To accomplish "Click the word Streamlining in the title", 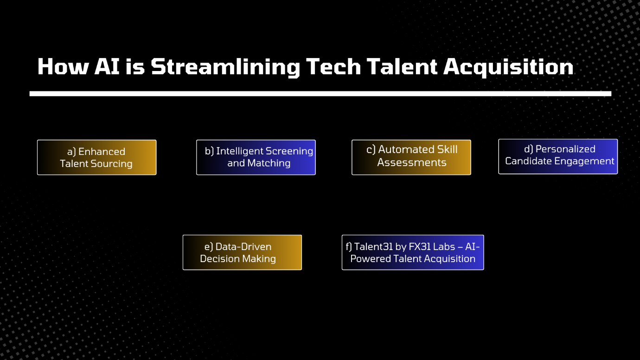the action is tap(225, 67).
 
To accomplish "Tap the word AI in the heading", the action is tap(107, 66).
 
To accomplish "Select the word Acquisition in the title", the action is tap(508, 67).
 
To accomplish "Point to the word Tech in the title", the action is tap(333, 66).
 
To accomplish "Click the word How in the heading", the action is tap(63, 66).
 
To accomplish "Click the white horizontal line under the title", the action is tap(320, 94).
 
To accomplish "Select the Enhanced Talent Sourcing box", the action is tap(97, 157).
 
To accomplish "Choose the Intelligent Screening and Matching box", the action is tap(256, 157).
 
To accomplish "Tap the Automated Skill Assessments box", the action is tap(411, 157).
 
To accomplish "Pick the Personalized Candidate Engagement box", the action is tap(558, 156).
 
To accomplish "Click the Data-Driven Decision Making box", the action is tap(242, 252).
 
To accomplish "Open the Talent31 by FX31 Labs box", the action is tap(413, 252).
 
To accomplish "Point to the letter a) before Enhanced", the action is tap(71, 152).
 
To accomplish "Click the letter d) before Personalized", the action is tap(529, 149).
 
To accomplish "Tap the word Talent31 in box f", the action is tap(374, 246).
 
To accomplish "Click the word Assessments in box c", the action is tap(412, 162).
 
